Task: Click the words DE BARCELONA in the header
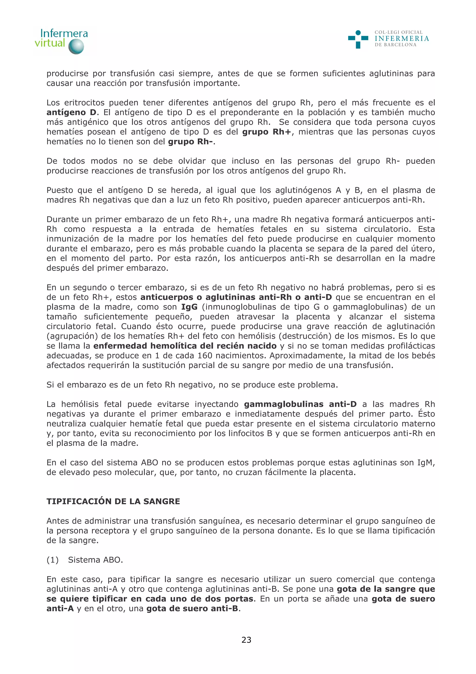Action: (395, 45)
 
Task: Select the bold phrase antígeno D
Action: (71, 112)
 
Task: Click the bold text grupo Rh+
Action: (267, 132)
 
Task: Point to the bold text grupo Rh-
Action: (190, 141)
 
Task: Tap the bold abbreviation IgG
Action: (189, 307)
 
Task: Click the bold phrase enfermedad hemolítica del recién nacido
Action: (185, 346)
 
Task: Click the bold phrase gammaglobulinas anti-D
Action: (300, 404)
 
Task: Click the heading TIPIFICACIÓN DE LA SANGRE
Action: (113, 501)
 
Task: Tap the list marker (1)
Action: (53, 560)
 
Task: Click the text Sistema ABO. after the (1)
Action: (95, 560)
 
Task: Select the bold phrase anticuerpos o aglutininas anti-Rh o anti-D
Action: (236, 297)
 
